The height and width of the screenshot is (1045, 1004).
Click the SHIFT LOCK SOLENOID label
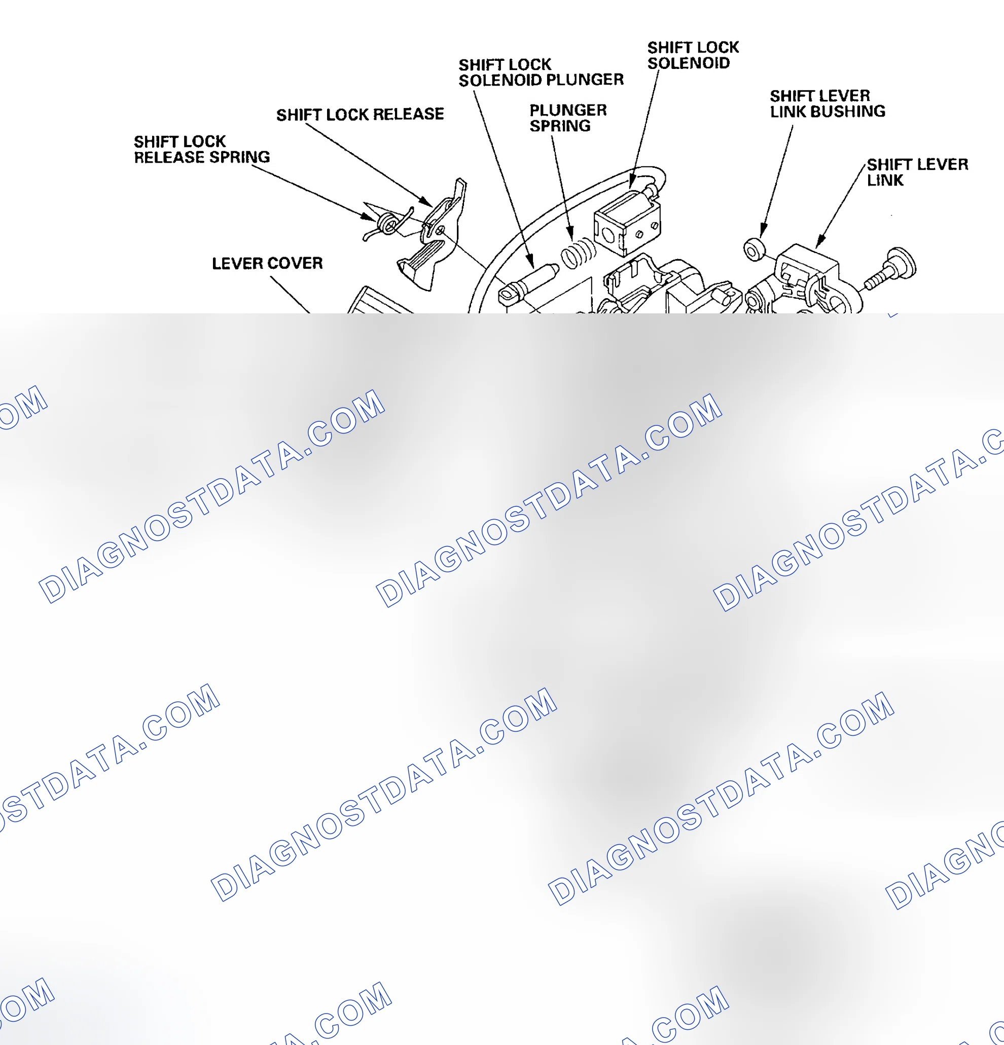(x=693, y=55)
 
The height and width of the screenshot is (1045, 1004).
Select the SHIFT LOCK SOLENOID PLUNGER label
(x=541, y=73)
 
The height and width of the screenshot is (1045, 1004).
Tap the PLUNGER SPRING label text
(x=568, y=118)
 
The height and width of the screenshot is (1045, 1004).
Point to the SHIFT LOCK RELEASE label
(x=360, y=114)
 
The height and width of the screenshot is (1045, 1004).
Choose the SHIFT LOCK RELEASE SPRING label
(x=201, y=149)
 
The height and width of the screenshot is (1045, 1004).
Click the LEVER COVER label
(x=267, y=263)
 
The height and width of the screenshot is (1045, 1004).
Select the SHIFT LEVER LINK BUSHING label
(x=828, y=103)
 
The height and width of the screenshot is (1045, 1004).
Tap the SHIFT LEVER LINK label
(x=917, y=172)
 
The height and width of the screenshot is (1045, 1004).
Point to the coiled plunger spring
(x=578, y=253)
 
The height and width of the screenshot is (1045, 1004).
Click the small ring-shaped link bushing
(x=755, y=249)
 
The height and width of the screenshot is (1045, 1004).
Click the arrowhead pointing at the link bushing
(x=764, y=231)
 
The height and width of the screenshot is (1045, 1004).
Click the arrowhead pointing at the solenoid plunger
(x=530, y=261)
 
